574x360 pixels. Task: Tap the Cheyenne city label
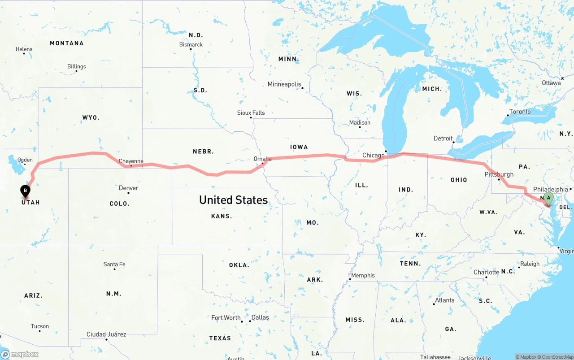tap(131, 161)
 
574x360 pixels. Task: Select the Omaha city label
tap(262, 159)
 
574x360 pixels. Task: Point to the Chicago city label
tap(373, 155)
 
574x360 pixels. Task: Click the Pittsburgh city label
tap(499, 174)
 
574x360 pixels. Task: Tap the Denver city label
tap(128, 188)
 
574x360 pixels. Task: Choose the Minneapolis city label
tap(284, 84)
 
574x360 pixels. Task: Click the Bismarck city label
tap(191, 44)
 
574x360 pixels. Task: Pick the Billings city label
tap(76, 66)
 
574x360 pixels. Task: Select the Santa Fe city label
tap(114, 264)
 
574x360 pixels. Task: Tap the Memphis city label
tap(363, 275)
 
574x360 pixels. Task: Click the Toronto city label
tap(520, 112)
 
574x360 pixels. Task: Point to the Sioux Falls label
tap(251, 113)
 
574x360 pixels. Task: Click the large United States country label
tap(233, 200)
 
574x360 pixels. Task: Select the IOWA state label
tap(299, 147)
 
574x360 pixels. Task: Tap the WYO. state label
tap(91, 117)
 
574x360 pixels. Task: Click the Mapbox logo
tap(20, 354)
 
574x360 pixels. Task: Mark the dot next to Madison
tap(360, 127)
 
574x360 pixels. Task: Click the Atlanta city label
tap(444, 300)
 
